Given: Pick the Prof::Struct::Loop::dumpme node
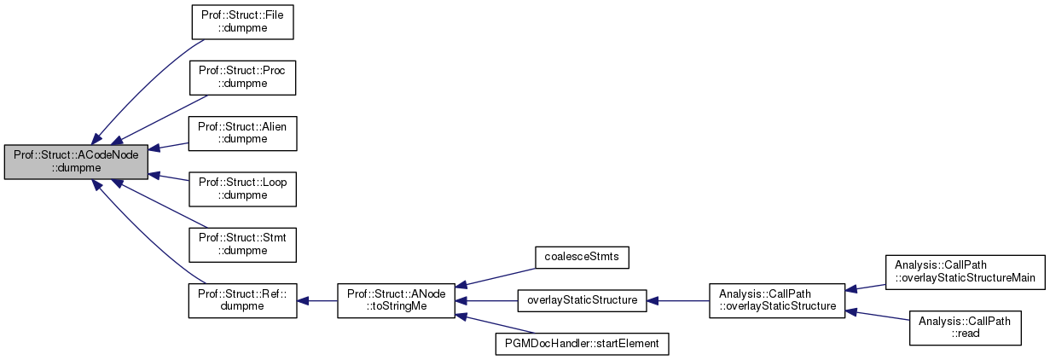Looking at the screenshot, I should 242,189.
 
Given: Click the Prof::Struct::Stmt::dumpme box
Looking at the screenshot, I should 242,245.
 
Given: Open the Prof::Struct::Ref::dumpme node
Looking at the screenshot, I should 242,300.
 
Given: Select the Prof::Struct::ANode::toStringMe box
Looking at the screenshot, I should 395,300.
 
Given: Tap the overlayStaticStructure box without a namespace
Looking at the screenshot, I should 582,300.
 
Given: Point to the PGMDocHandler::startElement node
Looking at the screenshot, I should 582,344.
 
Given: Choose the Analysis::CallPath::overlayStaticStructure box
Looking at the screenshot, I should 776,300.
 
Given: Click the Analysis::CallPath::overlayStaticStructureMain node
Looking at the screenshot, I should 965,272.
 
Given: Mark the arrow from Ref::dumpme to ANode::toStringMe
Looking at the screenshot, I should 316,300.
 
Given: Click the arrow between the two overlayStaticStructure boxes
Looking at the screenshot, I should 677,300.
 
